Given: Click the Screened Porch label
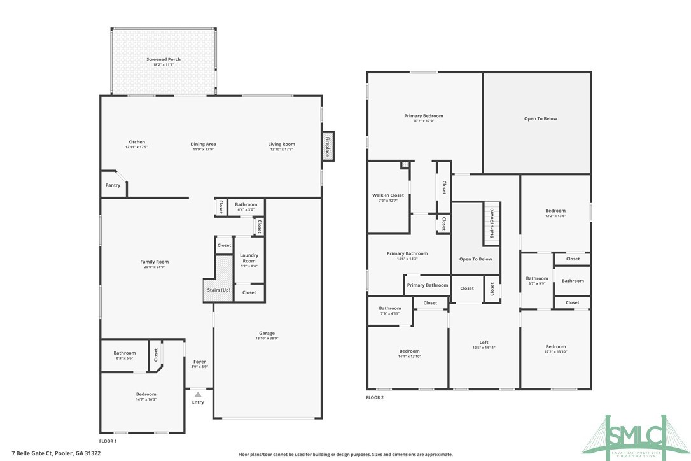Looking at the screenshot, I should tap(164, 59).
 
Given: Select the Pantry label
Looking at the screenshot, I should tap(113, 185).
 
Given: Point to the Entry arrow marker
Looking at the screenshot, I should tap(198, 395).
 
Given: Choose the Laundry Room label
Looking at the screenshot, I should tap(249, 258).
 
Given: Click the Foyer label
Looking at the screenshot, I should tap(200, 362).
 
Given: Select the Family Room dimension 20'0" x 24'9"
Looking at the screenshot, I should tap(155, 267).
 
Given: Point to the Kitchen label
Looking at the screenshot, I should tap(137, 142).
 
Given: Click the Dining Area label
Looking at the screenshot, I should tap(204, 144).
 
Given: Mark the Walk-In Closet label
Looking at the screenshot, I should tap(388, 195).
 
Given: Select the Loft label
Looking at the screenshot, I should tap(484, 342).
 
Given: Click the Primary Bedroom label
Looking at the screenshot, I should tap(424, 116).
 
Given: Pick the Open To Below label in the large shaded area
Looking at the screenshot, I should tap(540, 118).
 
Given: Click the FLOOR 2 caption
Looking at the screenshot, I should tap(375, 397).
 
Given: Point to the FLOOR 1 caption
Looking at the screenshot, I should tap(108, 441).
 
